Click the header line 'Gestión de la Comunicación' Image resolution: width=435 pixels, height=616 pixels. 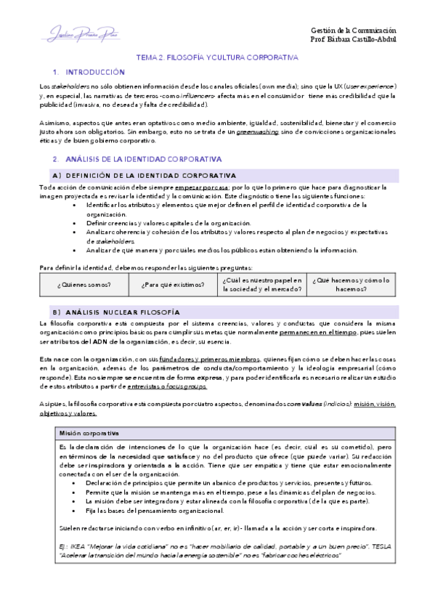[354, 30]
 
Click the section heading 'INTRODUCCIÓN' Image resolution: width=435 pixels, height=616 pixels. [95, 73]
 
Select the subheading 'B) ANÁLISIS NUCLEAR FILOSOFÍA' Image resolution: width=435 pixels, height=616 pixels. [118, 311]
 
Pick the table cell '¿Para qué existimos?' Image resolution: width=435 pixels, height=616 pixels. [172, 284]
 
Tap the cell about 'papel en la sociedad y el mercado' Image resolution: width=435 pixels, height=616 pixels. [263, 284]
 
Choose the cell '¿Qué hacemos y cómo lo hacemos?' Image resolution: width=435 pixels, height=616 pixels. [351, 284]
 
